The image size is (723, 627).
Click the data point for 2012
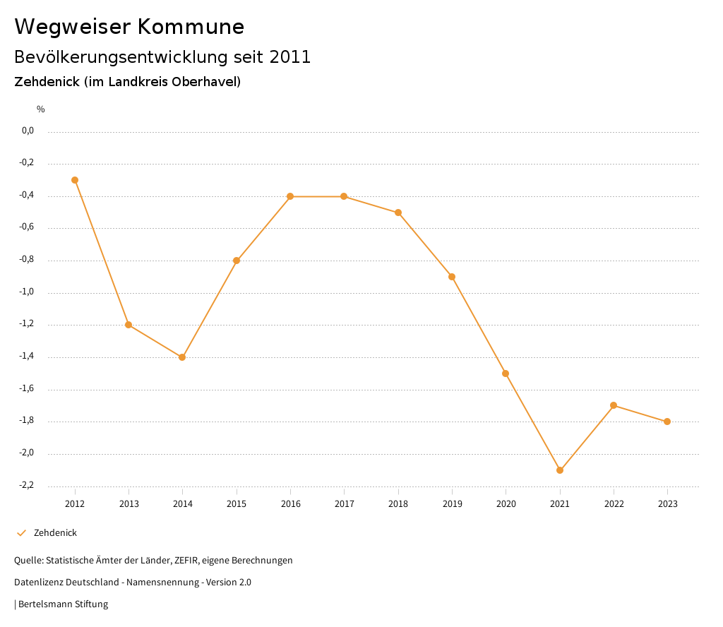click(75, 180)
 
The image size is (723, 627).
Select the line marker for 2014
click(182, 357)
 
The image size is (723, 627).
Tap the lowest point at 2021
click(560, 470)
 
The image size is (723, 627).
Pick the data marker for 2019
click(452, 277)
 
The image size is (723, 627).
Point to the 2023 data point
click(667, 422)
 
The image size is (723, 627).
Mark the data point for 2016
click(290, 196)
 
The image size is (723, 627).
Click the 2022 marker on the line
click(614, 405)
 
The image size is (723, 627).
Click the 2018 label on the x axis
click(398, 504)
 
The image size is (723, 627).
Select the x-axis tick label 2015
click(237, 504)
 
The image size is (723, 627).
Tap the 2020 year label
click(506, 504)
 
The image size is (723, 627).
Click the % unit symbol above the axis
click(41, 109)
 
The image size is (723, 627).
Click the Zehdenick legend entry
click(55, 533)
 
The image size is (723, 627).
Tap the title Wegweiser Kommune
click(129, 27)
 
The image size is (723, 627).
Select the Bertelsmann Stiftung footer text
click(63, 604)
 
